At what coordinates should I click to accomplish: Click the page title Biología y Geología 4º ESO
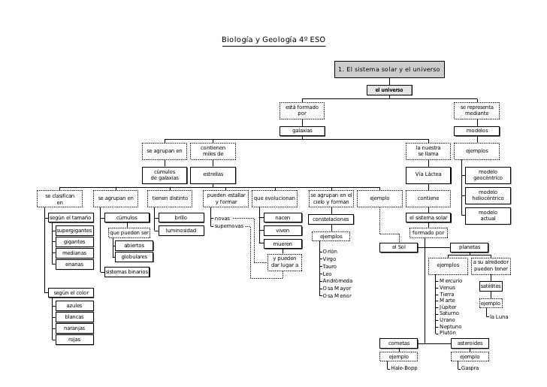pos(273,40)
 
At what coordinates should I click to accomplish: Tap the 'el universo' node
pos(389,90)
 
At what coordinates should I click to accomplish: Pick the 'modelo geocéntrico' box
pos(488,175)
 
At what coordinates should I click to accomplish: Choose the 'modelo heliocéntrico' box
pos(488,195)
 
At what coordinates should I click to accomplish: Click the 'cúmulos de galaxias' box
pos(165,175)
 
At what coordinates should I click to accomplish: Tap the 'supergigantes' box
pos(74,230)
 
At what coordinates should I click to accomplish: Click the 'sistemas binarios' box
pos(127,271)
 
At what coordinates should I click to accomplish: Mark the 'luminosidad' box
pos(181,230)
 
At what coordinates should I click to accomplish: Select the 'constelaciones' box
pos(331,219)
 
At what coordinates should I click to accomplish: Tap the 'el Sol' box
pos(399,247)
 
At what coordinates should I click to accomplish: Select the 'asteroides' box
pos(470,343)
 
